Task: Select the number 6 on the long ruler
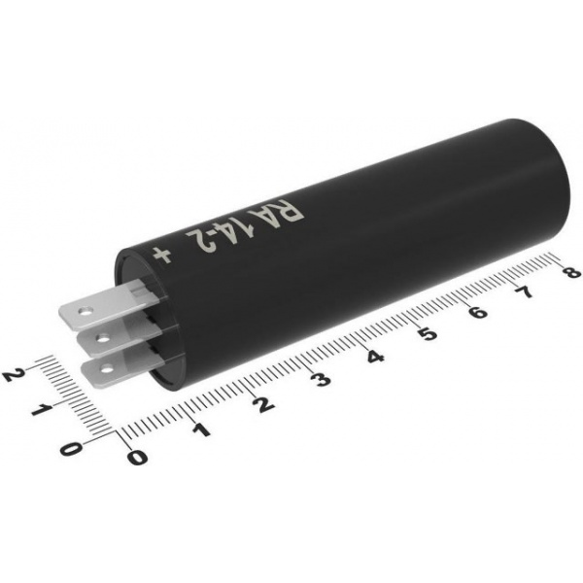tap(477, 312)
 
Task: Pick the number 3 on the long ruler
tap(321, 379)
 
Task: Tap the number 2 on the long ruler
tap(263, 403)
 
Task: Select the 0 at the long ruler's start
tap(137, 457)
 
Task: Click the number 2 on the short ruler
tap(13, 375)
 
